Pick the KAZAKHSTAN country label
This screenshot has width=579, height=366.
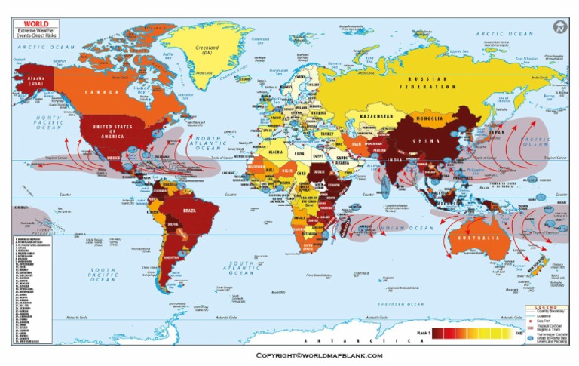(x=375, y=117)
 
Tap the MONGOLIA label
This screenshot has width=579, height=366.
(x=430, y=118)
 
